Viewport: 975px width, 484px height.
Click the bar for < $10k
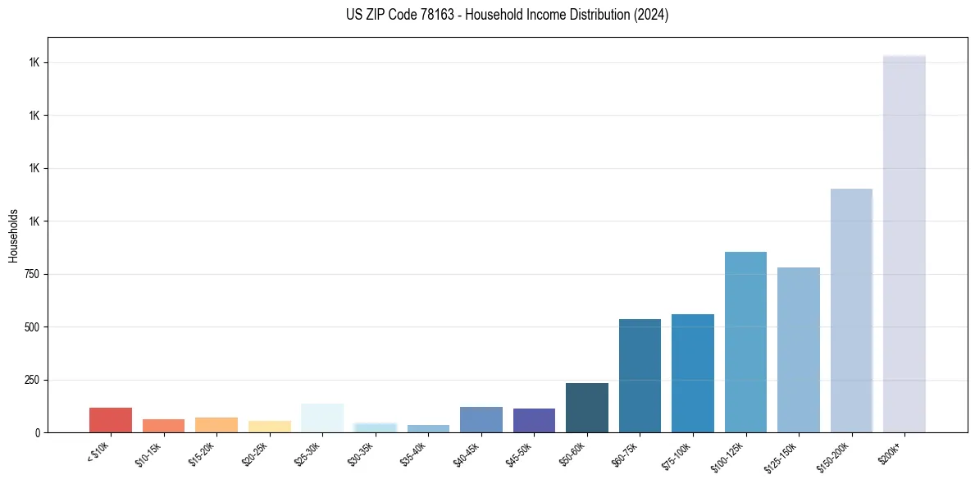(110, 420)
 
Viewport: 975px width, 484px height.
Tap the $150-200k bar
(851, 311)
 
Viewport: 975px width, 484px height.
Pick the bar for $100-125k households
(745, 342)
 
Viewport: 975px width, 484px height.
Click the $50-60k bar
(586, 408)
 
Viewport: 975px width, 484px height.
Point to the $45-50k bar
(534, 420)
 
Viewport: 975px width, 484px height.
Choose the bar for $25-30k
(321, 418)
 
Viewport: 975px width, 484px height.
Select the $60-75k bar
(640, 376)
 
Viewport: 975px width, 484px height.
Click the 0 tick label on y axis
(38, 432)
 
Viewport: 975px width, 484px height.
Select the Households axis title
(13, 235)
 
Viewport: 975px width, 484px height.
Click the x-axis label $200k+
(890, 450)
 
